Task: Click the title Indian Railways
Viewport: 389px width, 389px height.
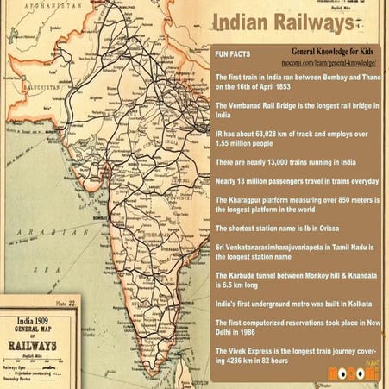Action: (284, 22)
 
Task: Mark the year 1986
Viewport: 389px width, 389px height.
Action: (256, 330)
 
